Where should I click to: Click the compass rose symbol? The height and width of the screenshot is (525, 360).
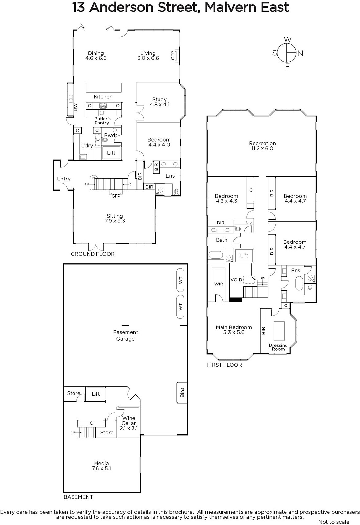click(287, 53)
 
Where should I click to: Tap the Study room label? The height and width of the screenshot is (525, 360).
click(159, 99)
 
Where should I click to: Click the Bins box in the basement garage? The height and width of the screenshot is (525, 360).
click(182, 392)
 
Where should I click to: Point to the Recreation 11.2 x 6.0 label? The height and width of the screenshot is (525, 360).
click(262, 146)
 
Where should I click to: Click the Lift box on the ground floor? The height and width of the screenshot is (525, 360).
click(111, 153)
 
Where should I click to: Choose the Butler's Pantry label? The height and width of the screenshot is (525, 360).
click(102, 121)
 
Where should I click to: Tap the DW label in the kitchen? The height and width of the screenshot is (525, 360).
click(75, 107)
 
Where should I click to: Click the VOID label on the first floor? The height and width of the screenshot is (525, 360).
click(236, 280)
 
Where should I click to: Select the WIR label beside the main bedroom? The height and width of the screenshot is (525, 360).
click(219, 284)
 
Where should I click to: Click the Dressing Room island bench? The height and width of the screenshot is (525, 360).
click(279, 331)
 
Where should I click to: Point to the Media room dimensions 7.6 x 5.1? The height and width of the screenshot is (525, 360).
click(101, 468)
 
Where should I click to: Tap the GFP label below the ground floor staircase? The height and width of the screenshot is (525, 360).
click(116, 196)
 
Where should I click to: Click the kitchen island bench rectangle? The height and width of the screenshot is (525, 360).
click(104, 88)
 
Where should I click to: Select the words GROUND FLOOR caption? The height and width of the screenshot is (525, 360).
click(93, 254)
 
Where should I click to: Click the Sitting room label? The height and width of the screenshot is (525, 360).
click(115, 216)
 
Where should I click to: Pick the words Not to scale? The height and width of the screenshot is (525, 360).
click(333, 522)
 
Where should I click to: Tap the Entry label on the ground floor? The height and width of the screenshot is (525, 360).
click(64, 179)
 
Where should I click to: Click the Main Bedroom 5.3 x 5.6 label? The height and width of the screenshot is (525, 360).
click(234, 330)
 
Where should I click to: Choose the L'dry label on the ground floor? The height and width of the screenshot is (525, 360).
click(87, 146)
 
